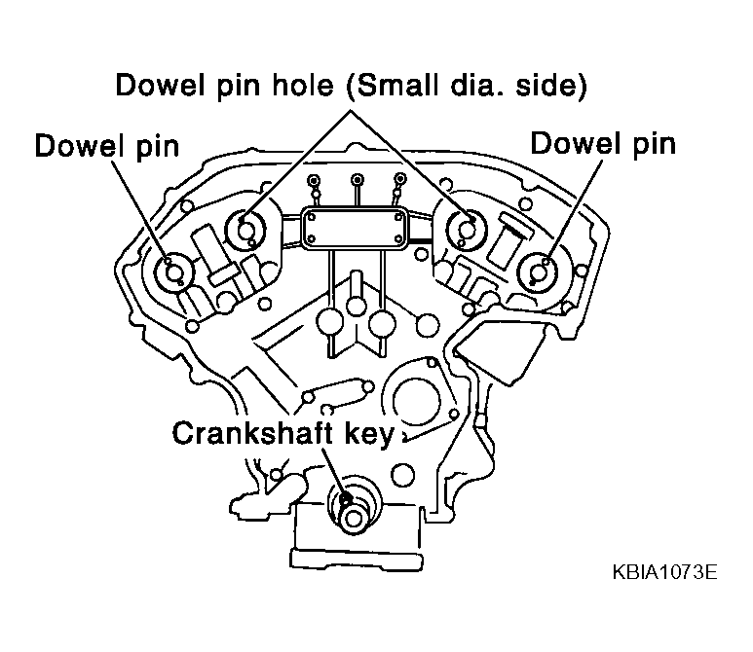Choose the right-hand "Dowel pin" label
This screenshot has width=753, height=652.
click(603, 143)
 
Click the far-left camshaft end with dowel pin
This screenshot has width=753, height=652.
click(172, 272)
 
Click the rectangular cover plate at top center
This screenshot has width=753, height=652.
click(354, 229)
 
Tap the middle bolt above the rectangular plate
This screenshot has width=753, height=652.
click(358, 180)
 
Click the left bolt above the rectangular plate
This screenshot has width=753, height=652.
click(314, 181)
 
